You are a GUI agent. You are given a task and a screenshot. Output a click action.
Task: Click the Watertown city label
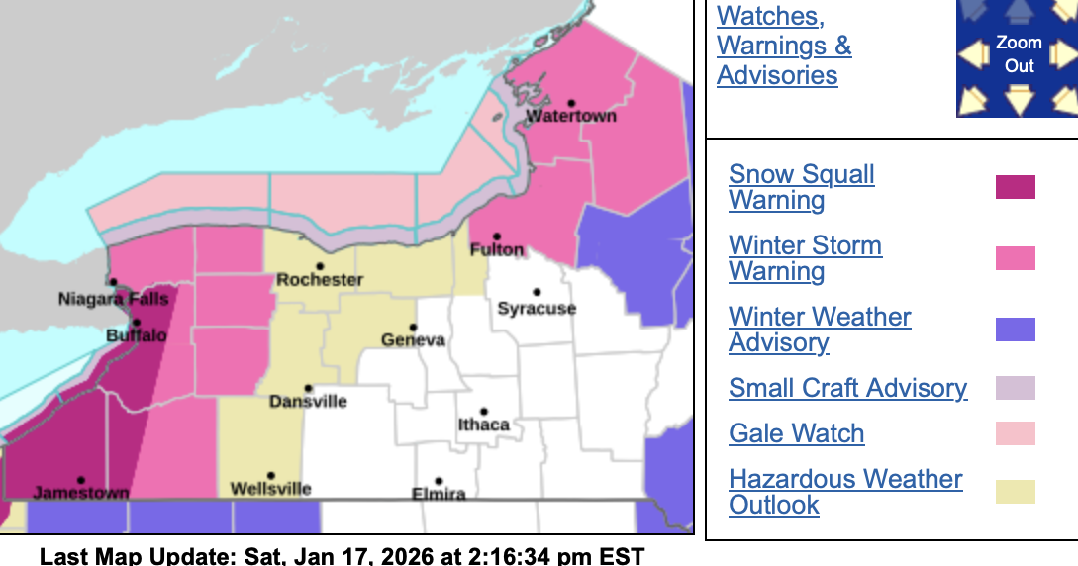point(571,116)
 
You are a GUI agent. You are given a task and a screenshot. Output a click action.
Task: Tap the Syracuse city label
point(537,309)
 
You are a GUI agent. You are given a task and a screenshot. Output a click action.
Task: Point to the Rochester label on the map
point(320,280)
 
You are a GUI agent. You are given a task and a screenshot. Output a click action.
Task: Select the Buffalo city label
point(137,336)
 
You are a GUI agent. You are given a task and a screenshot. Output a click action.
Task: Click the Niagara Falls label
point(114,299)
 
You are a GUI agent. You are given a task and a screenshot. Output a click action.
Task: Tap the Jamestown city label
point(81,492)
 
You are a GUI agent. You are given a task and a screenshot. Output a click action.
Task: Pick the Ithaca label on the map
point(484,425)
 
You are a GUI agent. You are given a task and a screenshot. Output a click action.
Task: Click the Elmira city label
point(439,494)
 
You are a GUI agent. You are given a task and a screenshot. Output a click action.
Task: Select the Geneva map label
point(414,340)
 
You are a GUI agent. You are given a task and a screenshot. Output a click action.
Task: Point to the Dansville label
point(308,402)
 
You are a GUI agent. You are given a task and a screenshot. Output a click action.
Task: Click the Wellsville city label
point(270,489)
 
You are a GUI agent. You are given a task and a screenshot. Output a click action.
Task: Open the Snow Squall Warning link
point(802,187)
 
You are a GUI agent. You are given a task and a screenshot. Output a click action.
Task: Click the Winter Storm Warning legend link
point(805,258)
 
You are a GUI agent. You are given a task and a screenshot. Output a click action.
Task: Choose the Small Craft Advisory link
point(847,388)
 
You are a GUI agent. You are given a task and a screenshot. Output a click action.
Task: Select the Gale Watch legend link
point(796,433)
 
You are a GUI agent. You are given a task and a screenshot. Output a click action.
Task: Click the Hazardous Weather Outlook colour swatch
point(1015,492)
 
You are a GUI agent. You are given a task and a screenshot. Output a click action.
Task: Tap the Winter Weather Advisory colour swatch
point(1015,330)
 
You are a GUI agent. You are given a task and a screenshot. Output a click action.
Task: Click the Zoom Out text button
point(1019,54)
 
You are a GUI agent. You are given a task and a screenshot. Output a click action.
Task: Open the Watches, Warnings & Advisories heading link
point(783,46)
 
